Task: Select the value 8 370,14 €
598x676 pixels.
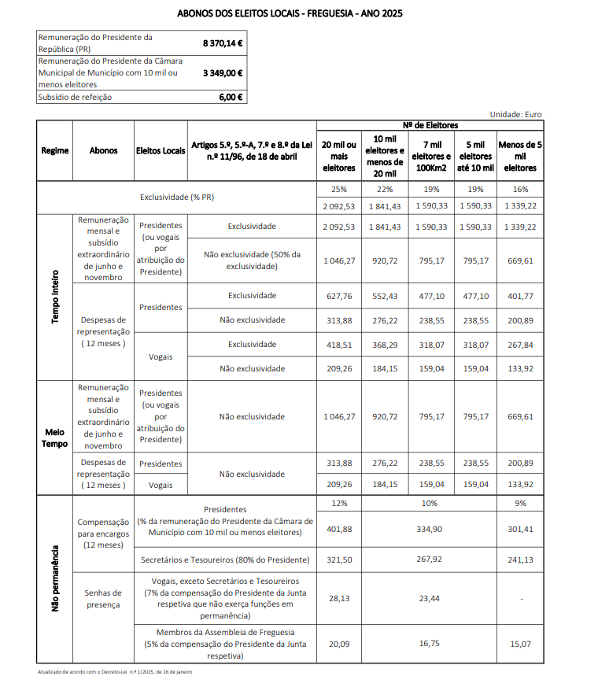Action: [223, 42]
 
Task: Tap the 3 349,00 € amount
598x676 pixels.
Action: [223, 72]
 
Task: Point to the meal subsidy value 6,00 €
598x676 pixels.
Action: [231, 97]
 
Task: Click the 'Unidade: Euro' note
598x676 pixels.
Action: [515, 114]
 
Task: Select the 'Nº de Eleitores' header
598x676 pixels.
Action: [430, 125]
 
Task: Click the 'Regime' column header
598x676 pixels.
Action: [54, 150]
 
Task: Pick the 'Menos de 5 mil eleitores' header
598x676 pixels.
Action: [520, 156]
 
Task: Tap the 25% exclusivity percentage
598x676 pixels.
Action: [339, 190]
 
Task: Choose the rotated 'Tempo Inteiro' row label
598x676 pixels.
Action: [54, 297]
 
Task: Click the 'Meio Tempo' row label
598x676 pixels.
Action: [54, 438]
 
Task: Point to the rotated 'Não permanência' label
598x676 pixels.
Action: [54, 578]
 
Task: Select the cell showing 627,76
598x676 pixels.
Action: [339, 295]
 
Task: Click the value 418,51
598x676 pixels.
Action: [339, 344]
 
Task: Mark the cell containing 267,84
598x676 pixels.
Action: [520, 344]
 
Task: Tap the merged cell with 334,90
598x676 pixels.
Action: [430, 529]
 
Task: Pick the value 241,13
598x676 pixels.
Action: [520, 560]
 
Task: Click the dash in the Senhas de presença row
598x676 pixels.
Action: [520, 598]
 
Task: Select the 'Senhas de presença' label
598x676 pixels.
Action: [103, 598]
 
